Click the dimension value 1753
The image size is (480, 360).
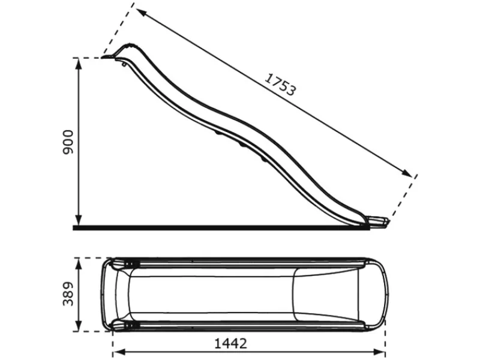(280, 85)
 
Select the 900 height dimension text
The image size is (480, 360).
(68, 142)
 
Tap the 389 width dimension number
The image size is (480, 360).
(68, 294)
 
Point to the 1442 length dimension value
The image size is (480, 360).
(230, 343)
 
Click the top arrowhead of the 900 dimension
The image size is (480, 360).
(79, 63)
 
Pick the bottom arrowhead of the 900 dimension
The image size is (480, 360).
(79, 220)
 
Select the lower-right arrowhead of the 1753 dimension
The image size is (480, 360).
(407, 173)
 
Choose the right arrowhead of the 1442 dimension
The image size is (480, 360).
(379, 352)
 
